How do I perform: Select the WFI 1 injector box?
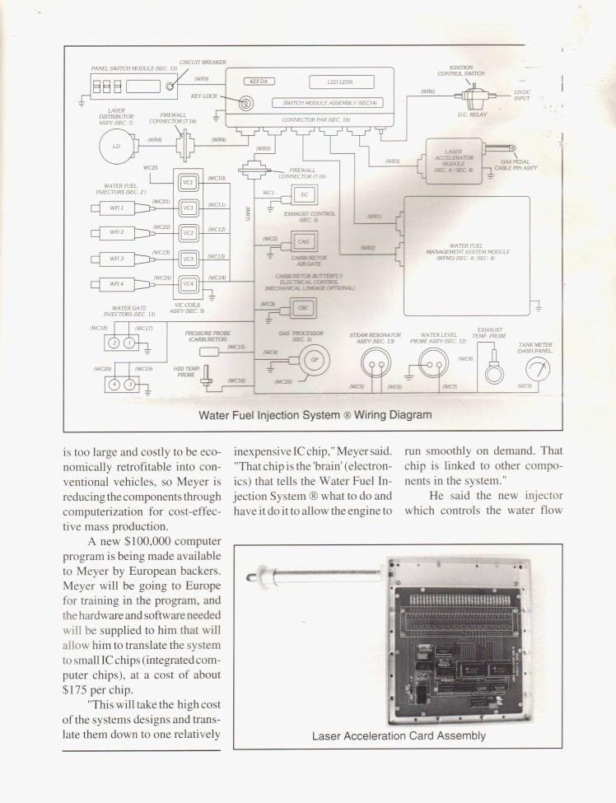[x=117, y=208]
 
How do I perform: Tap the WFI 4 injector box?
[x=117, y=285]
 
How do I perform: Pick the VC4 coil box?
[x=189, y=284]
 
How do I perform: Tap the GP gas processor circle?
[x=312, y=359]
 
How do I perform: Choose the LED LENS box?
[x=341, y=82]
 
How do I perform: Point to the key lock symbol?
[x=245, y=103]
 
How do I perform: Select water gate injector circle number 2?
[x=115, y=343]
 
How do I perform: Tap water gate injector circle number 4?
[x=115, y=385]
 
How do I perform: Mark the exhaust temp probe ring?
[x=495, y=373]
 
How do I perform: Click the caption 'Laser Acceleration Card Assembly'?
[x=398, y=735]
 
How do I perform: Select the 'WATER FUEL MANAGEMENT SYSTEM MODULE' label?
[x=466, y=250]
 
